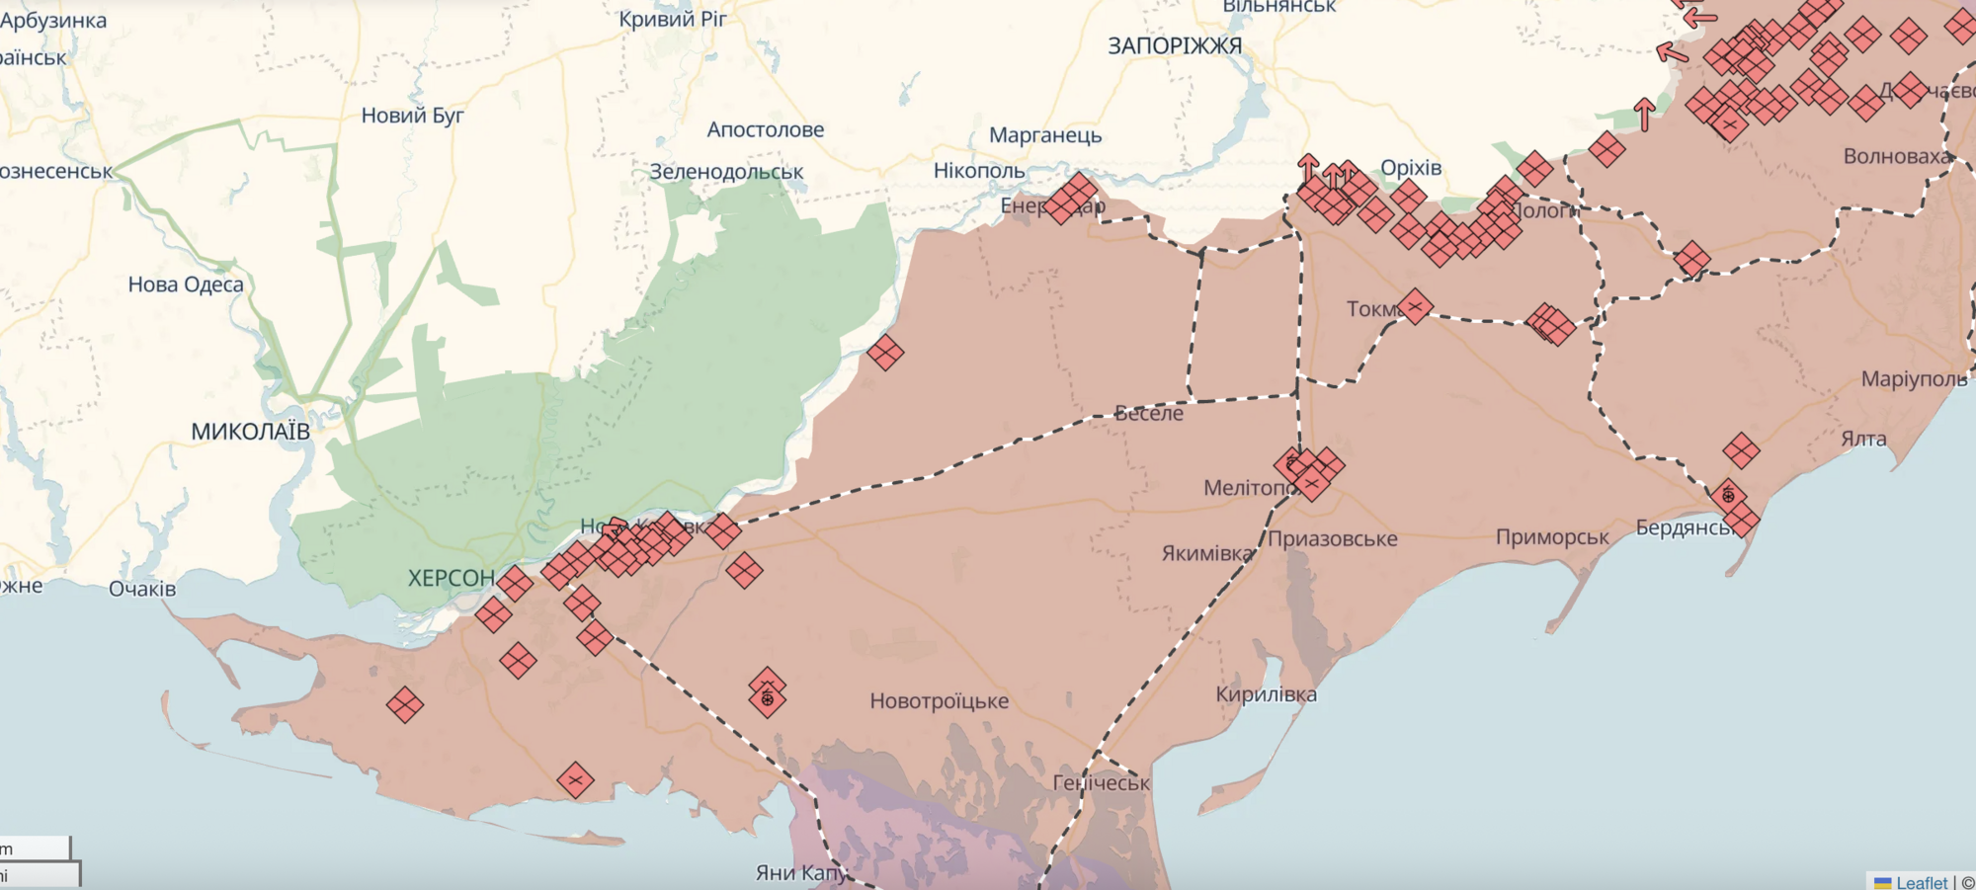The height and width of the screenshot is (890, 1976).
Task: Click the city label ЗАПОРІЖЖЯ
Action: tap(1174, 46)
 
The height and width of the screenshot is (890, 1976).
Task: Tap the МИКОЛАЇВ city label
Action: tap(250, 432)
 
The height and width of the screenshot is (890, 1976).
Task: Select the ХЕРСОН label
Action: tap(452, 578)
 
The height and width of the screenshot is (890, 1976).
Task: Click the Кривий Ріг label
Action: tap(673, 19)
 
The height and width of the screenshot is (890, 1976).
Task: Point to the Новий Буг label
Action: tap(412, 116)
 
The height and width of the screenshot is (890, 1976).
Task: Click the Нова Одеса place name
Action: tap(186, 284)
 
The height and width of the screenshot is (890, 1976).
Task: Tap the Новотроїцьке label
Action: tap(939, 701)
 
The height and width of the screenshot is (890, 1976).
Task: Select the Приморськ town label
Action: tap(1552, 537)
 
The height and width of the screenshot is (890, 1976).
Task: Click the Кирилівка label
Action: tap(1266, 694)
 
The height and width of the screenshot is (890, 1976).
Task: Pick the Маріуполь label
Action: tap(1914, 379)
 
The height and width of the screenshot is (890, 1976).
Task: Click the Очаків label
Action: tap(142, 589)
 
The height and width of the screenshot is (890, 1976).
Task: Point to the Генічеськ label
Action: tap(1101, 783)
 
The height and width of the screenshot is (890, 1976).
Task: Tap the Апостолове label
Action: tap(765, 129)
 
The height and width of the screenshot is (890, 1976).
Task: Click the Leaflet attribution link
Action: tap(1921, 882)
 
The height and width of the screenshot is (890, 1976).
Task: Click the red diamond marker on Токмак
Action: tap(1414, 307)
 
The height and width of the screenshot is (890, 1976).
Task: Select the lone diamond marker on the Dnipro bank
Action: tap(884, 352)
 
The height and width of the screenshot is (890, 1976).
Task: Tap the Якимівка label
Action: tap(1207, 553)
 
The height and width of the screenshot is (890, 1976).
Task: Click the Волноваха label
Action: tap(1896, 156)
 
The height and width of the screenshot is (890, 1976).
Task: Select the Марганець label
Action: tap(1044, 135)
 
